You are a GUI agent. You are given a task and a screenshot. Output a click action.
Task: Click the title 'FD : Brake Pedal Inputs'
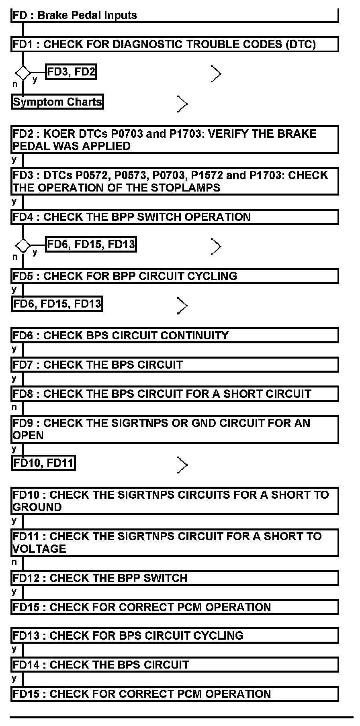click(x=75, y=15)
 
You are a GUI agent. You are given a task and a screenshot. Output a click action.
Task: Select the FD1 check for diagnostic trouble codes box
click(x=174, y=44)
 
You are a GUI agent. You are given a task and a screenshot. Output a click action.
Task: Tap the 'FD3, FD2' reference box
click(x=71, y=72)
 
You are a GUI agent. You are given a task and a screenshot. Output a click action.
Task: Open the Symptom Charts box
click(x=57, y=102)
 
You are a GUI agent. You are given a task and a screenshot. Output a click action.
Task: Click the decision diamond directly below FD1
click(x=23, y=73)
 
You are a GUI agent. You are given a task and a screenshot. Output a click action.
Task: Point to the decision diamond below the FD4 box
click(x=23, y=245)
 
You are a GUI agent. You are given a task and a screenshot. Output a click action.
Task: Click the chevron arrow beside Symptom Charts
click(x=182, y=104)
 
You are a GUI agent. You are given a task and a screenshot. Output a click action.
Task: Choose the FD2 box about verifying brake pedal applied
click(x=174, y=140)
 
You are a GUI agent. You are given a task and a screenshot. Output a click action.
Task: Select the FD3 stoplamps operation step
click(x=174, y=181)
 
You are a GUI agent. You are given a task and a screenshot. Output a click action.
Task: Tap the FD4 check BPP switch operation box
click(x=174, y=217)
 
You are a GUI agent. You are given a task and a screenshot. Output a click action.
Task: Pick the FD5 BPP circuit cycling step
click(x=174, y=276)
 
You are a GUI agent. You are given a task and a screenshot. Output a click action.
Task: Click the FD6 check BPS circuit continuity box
click(x=174, y=335)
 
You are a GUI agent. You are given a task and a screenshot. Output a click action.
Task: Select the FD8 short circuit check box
click(x=174, y=394)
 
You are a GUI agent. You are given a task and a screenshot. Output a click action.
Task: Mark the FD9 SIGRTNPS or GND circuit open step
click(x=174, y=429)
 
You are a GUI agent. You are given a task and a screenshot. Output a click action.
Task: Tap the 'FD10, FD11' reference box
click(x=43, y=463)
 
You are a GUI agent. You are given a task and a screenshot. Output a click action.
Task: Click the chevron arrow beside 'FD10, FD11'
click(x=182, y=465)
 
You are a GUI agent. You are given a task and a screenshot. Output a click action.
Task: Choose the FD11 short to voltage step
click(x=174, y=542)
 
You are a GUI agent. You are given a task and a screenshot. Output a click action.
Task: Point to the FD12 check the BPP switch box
click(x=174, y=578)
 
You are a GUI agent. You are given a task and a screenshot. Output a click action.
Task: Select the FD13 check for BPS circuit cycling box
click(x=174, y=636)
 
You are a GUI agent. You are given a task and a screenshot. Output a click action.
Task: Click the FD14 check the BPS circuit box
click(x=174, y=665)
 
